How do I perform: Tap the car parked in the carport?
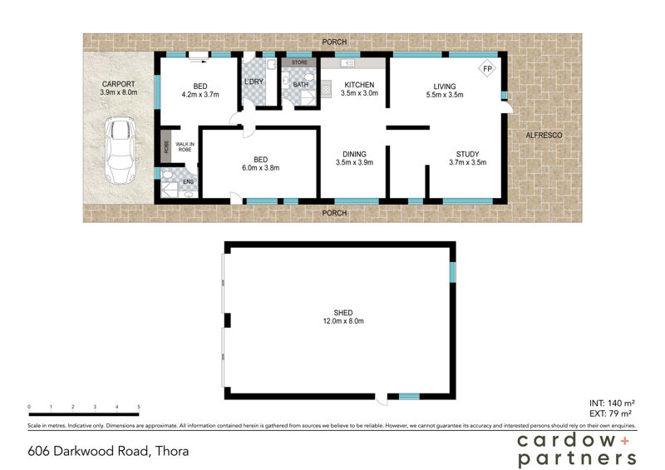click(121, 151)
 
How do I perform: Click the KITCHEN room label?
click(359, 85)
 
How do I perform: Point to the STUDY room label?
click(466, 154)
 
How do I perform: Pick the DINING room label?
click(354, 154)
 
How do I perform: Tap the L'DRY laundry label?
click(253, 82)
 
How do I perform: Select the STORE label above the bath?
click(299, 62)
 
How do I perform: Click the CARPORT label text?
click(118, 84)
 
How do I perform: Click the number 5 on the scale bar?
click(139, 407)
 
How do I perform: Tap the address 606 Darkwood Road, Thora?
click(108, 452)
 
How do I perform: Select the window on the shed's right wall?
click(453, 272)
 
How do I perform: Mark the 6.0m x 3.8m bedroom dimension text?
click(261, 168)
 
